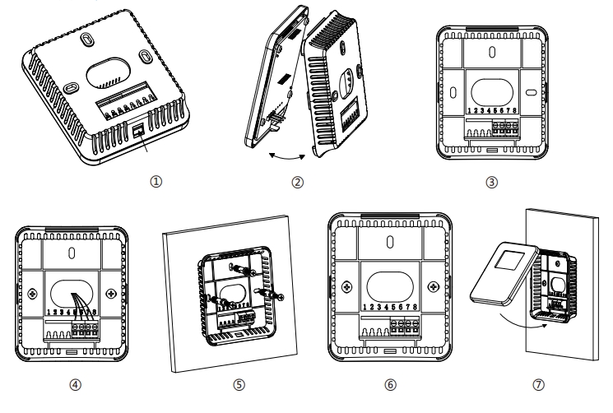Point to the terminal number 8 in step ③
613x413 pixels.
coord(515,109)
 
